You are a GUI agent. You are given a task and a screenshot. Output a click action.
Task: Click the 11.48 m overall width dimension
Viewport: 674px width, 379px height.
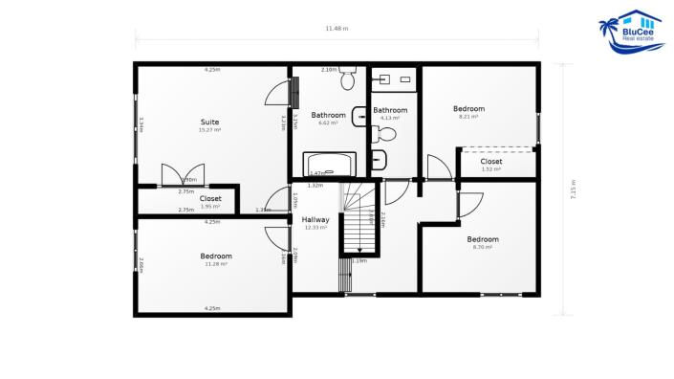[337, 29]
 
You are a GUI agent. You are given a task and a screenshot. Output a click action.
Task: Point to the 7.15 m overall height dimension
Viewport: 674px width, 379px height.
[573, 188]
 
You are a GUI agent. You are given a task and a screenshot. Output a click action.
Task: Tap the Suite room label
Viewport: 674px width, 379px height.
[210, 122]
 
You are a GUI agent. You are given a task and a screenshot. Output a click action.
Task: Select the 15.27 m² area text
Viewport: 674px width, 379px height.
[210, 130]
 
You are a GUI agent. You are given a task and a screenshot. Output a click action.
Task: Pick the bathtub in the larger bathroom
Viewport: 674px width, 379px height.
[328, 165]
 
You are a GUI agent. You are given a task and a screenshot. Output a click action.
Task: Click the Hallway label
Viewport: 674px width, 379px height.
[315, 219]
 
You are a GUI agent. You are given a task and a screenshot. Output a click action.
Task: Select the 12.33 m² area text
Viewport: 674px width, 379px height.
[315, 228]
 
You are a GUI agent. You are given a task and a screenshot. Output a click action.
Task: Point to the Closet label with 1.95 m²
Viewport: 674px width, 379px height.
[210, 198]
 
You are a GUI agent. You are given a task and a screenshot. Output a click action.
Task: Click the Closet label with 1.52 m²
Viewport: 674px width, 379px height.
[491, 161]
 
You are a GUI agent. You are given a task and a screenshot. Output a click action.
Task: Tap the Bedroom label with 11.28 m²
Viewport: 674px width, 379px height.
[216, 256]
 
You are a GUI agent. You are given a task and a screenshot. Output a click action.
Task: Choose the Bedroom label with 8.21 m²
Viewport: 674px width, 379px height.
[468, 109]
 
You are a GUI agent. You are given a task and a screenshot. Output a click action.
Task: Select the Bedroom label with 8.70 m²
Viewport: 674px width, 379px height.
[483, 238]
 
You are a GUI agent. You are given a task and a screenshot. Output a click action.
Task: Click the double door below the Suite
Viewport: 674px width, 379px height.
[182, 175]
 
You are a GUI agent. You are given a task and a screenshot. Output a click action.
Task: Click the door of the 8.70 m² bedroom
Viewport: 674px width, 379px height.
[468, 204]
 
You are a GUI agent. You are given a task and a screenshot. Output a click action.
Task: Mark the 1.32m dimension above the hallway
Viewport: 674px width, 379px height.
[315, 186]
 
